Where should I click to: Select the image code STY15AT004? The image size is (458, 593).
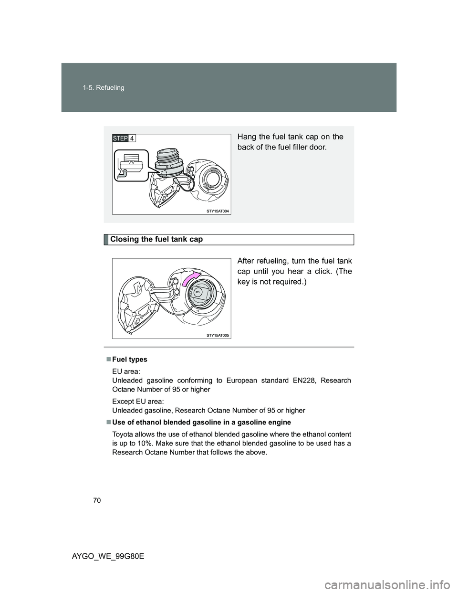218,211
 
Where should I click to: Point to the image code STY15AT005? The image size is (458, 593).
218,335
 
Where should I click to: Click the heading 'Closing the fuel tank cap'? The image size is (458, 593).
156,239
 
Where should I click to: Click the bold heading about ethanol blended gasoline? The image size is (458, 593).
201,423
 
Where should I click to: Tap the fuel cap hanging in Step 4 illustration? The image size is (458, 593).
168,158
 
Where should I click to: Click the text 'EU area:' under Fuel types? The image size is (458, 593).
124,371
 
